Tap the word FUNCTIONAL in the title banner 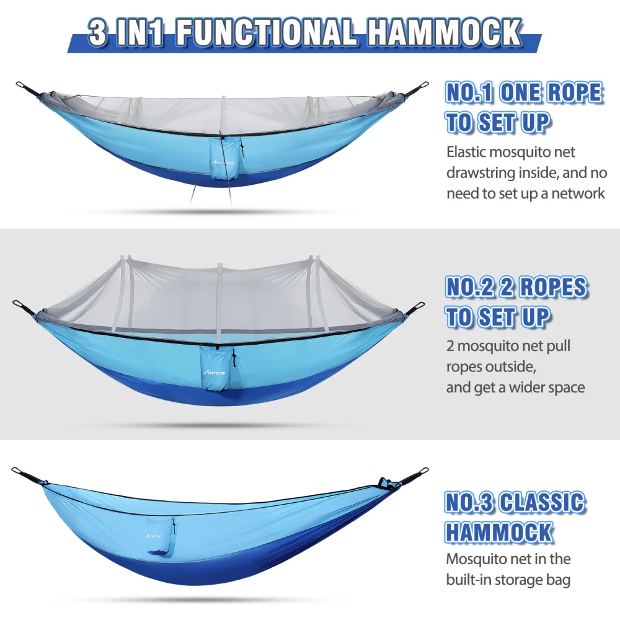tap(266, 32)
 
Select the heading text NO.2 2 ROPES tap(516, 287)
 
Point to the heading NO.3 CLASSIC tap(515, 503)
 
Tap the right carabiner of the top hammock tap(423, 86)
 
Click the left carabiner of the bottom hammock tap(19, 472)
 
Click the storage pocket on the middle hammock tap(216, 368)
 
